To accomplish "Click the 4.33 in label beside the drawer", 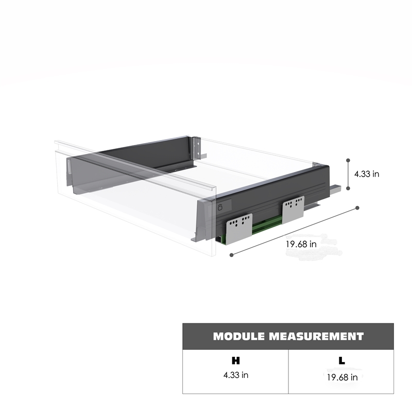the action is pos(367,174).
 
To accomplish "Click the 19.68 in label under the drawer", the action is pos(301,244).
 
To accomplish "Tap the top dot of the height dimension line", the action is pos(348,160).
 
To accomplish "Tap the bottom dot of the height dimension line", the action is pos(348,188).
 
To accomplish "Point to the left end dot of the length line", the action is pos(231,255).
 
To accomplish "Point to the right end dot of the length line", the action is pos(357,208).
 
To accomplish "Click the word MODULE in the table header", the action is pos(238,336).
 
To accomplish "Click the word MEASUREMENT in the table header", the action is pos(316,336).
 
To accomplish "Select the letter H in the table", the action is pos(236,361).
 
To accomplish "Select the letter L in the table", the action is pos(341,361).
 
